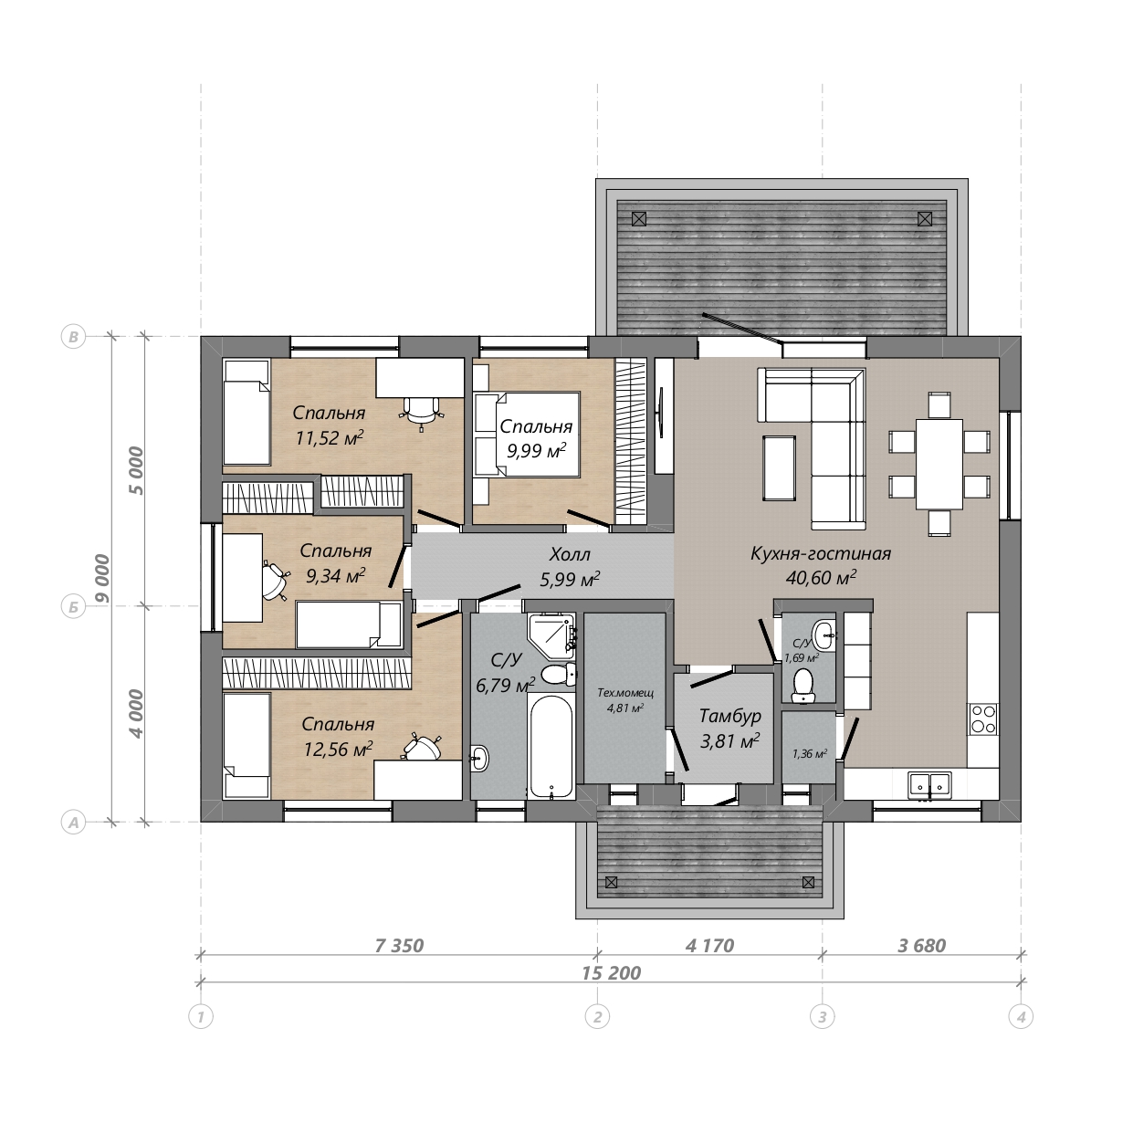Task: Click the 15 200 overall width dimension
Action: (x=611, y=973)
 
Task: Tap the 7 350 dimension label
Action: (x=399, y=946)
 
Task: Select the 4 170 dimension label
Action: (x=709, y=946)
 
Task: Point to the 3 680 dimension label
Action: (x=921, y=946)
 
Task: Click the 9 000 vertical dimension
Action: (x=102, y=578)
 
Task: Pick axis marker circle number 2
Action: (x=597, y=1016)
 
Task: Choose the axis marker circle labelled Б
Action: (x=74, y=607)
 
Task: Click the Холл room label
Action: (x=570, y=554)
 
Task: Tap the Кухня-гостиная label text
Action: (x=821, y=554)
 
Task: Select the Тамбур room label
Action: (x=730, y=716)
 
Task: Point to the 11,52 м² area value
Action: (x=330, y=438)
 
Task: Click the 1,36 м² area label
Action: (x=810, y=754)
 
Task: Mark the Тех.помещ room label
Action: (x=625, y=693)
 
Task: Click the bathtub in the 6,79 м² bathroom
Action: (x=551, y=746)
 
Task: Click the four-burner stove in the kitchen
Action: (x=983, y=719)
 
